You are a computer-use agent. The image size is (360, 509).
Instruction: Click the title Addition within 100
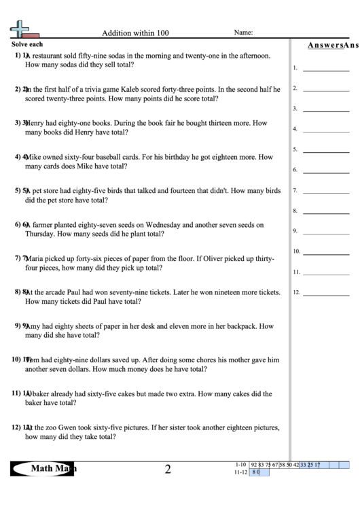135,33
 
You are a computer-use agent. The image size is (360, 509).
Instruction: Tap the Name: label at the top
243,32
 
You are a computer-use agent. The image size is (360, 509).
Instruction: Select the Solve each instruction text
27,43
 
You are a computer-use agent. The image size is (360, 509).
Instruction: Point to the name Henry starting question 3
37,123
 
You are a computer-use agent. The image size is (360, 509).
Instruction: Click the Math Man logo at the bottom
43,469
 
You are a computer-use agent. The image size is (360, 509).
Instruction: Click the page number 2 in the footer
167,469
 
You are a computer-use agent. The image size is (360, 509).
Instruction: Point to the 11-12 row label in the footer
239,472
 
